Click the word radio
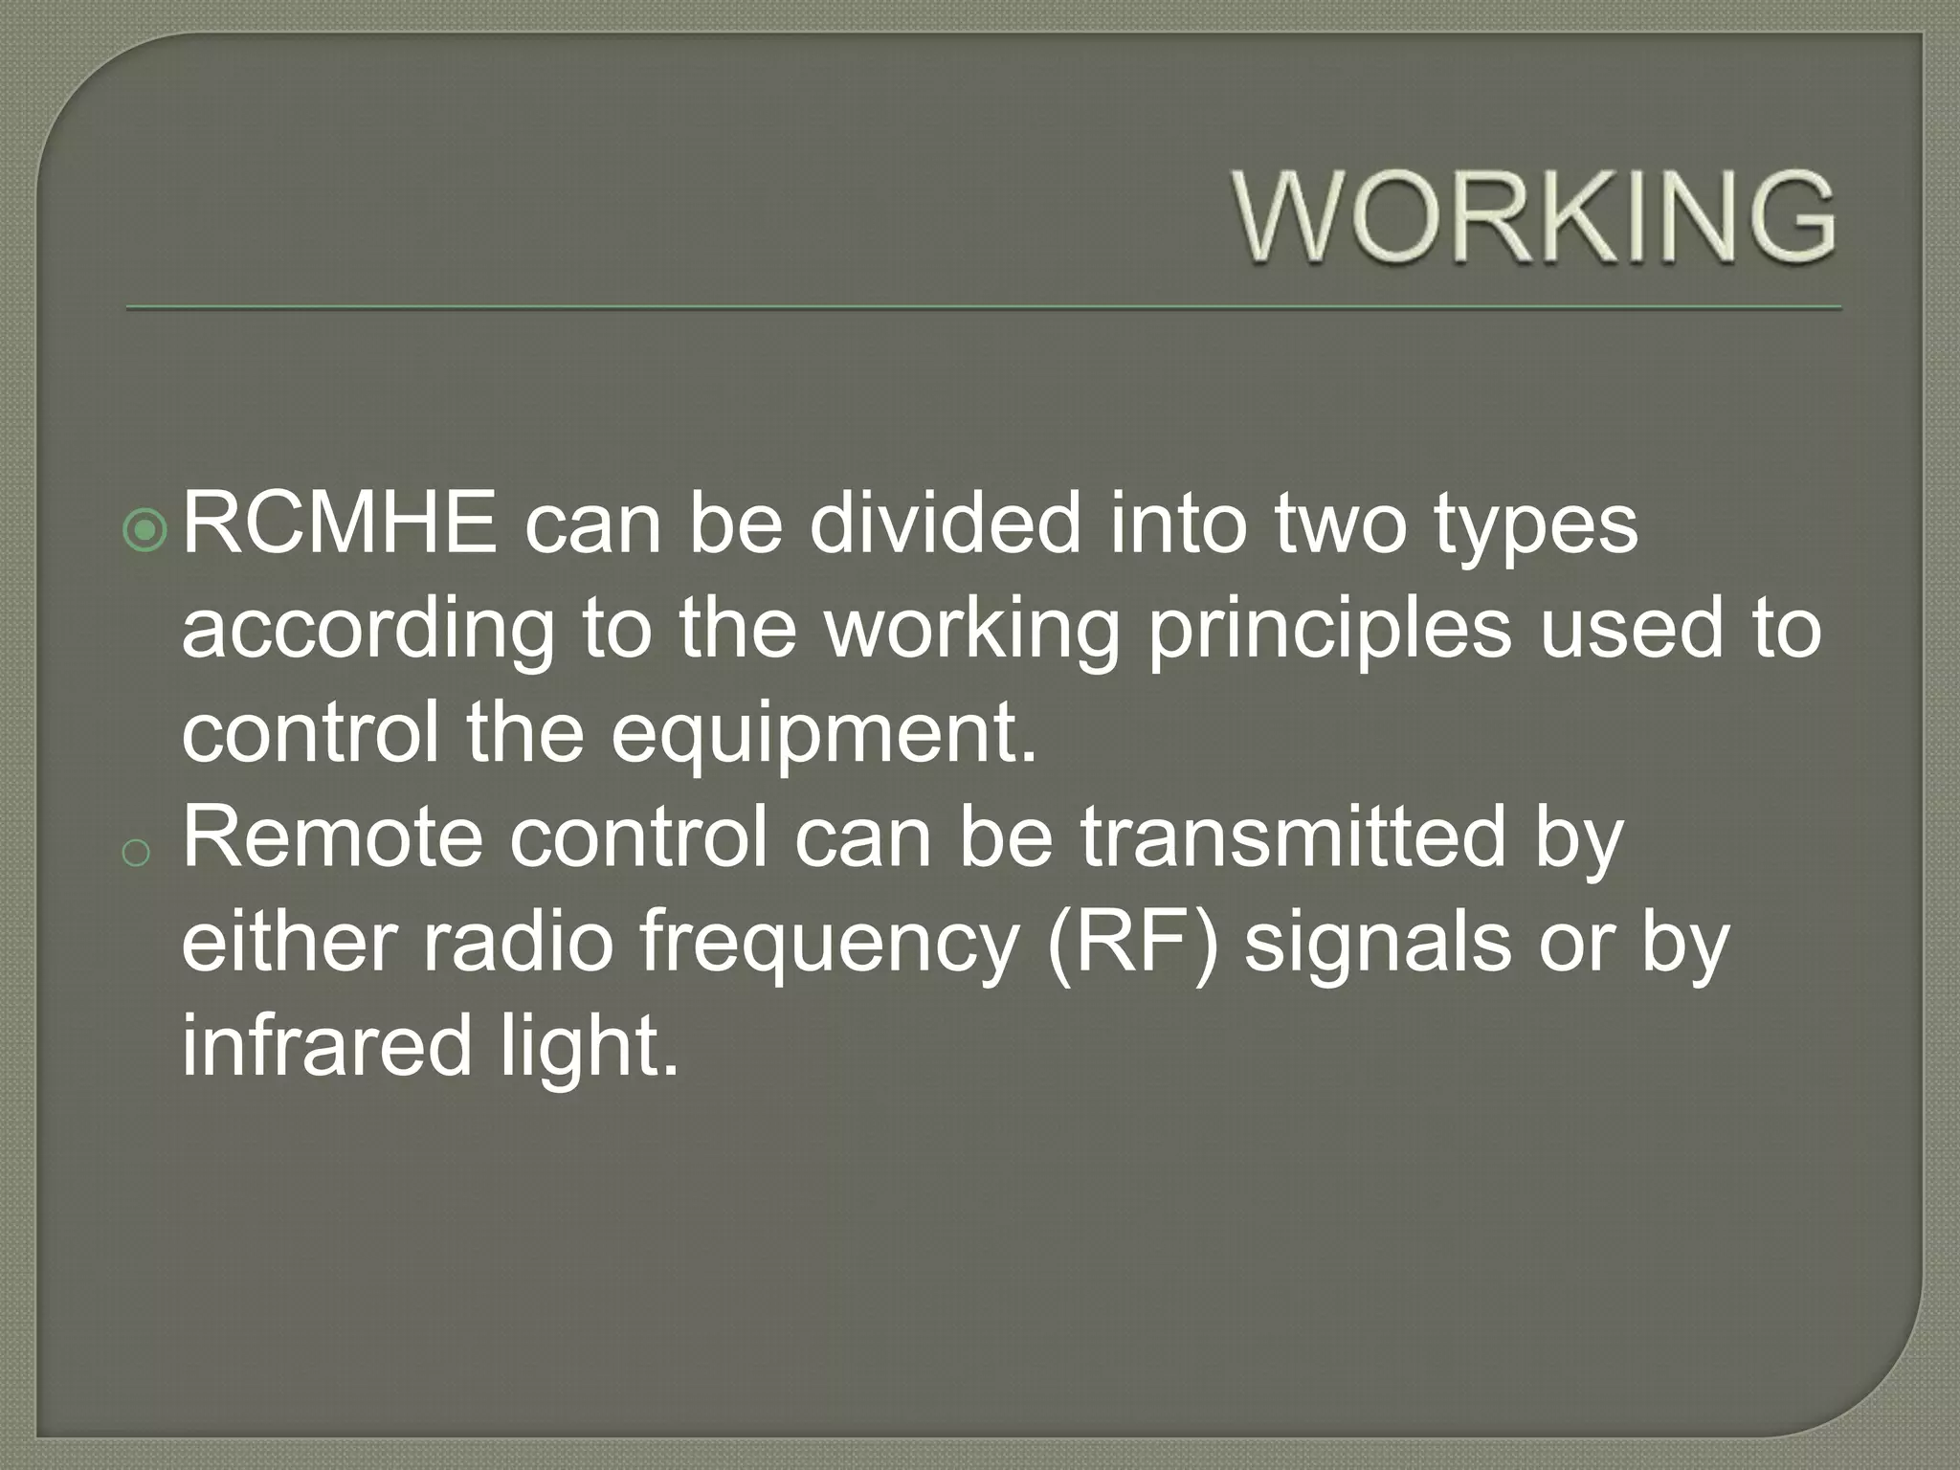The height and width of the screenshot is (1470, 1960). click(x=517, y=942)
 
